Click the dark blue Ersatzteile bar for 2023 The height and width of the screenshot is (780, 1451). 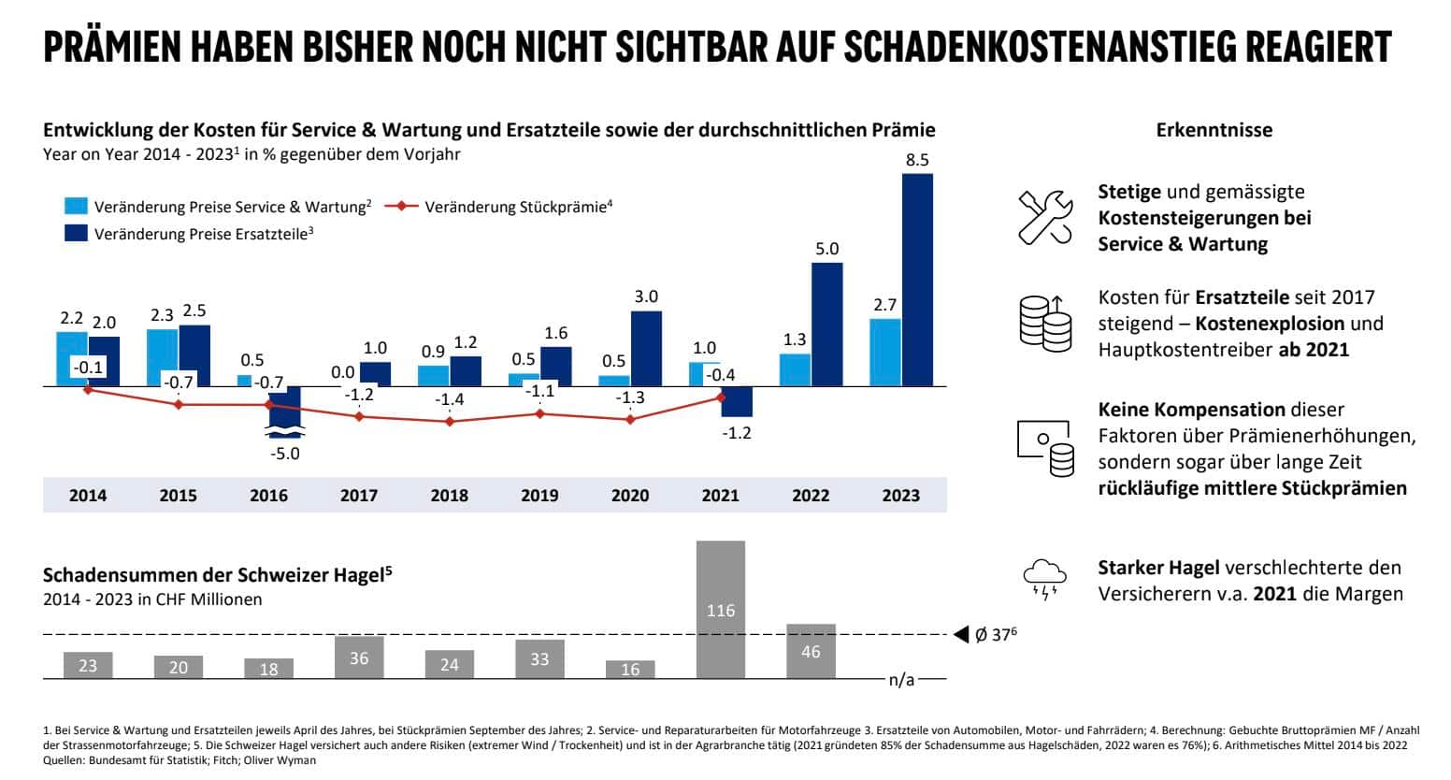(x=917, y=280)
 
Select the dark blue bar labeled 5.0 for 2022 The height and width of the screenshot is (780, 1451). (x=826, y=324)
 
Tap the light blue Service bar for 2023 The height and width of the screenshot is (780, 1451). (x=885, y=352)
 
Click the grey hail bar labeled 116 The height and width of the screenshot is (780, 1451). (x=720, y=609)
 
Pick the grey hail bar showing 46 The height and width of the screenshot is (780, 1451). (x=811, y=650)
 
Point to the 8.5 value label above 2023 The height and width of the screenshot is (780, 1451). (x=917, y=160)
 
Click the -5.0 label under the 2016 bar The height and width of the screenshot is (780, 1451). (x=284, y=454)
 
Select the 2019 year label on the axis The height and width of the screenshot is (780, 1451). (x=539, y=496)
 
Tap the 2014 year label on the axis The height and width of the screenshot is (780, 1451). (x=88, y=496)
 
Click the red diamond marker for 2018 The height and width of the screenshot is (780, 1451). (x=450, y=422)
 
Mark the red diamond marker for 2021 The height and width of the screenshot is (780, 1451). (x=721, y=397)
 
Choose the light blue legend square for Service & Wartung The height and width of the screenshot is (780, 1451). (x=76, y=207)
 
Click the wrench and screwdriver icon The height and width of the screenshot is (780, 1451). (x=1044, y=217)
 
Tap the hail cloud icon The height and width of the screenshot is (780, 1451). (x=1044, y=579)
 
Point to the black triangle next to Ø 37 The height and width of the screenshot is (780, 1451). (x=960, y=635)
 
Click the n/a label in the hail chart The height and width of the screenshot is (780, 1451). (x=901, y=680)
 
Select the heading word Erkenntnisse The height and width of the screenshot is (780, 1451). (x=1214, y=130)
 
